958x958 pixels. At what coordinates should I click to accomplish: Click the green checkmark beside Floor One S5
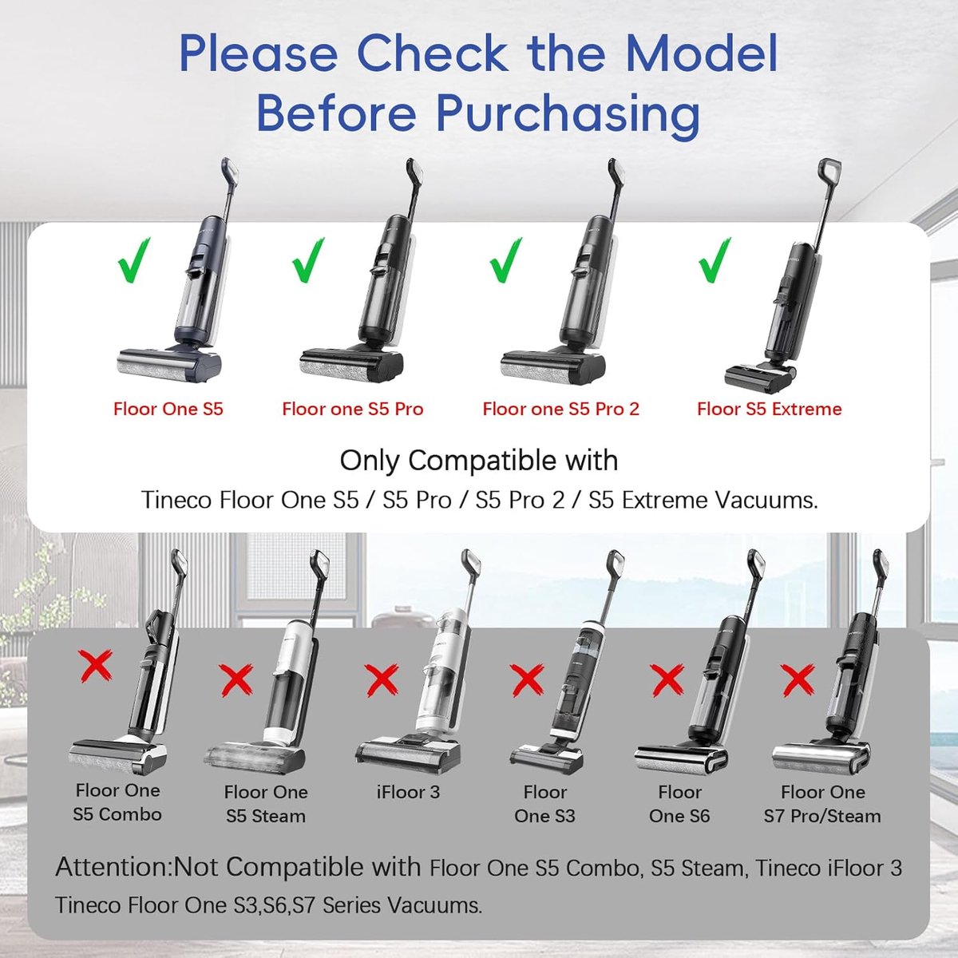pos(133,261)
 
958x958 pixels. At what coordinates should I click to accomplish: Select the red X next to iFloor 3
pos(382,681)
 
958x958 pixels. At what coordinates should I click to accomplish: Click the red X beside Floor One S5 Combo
pos(95,666)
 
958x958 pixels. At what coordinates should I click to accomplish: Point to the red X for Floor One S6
pos(667,682)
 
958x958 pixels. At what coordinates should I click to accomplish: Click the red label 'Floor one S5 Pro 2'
pos(560,410)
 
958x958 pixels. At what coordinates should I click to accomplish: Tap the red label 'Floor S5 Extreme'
pos(769,410)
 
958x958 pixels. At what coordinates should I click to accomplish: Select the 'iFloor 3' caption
pos(408,791)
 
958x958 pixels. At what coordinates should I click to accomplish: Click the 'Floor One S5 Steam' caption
pos(266,804)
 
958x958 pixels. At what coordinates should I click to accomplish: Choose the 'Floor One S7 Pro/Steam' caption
pos(822,804)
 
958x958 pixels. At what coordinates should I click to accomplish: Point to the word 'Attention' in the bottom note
pos(113,866)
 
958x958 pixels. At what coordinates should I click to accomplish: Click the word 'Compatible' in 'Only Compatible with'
pos(477,461)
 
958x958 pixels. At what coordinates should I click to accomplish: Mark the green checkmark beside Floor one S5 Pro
pos(308,260)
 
